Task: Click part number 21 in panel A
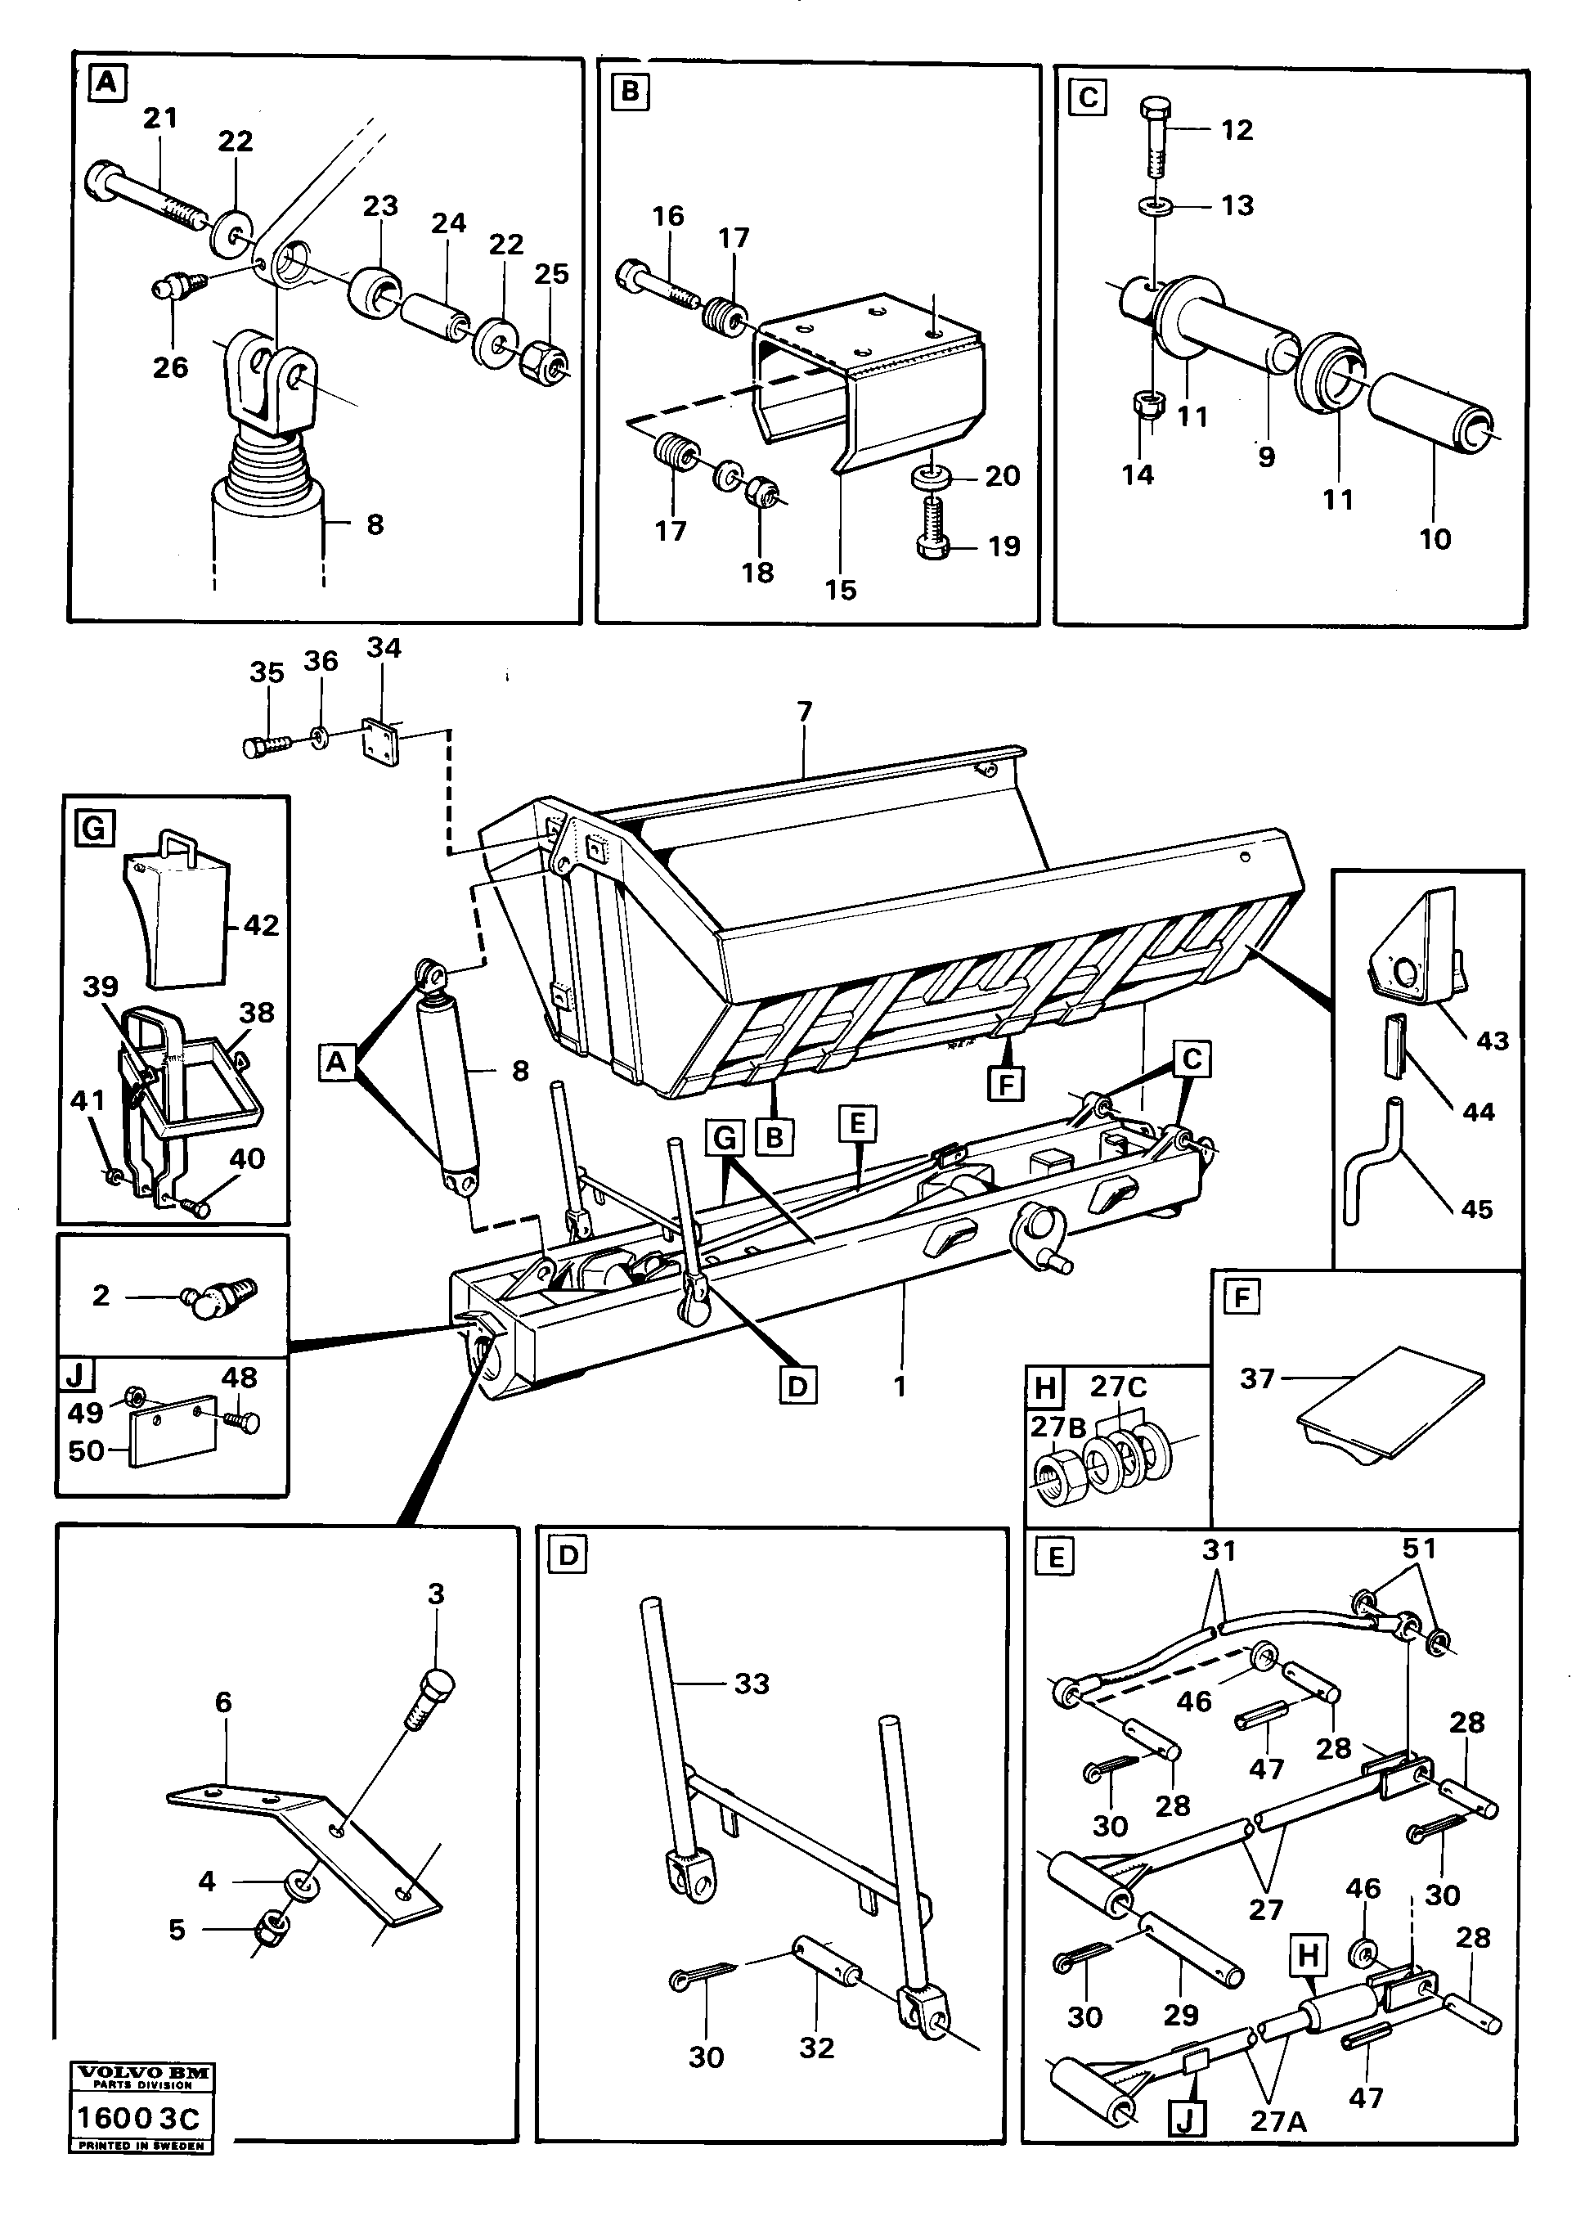pos(160,119)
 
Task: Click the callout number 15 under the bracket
pos(840,590)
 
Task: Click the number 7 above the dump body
pos(805,712)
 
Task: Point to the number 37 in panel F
pos(1256,1379)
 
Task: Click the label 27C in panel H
pos(1119,1387)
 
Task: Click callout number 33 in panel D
pos(751,1684)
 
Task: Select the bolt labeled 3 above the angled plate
pos(431,1693)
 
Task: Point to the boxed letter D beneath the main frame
pos(799,1387)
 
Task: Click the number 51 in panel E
pos(1419,1549)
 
